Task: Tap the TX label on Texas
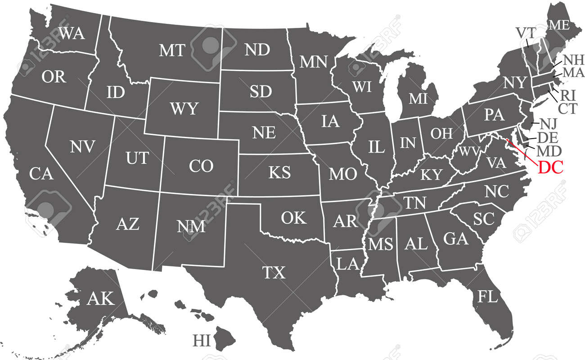274,272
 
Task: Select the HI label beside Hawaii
202,340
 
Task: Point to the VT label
525,32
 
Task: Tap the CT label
567,108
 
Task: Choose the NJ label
548,123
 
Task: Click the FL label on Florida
488,297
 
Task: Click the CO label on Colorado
201,166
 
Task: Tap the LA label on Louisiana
347,264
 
